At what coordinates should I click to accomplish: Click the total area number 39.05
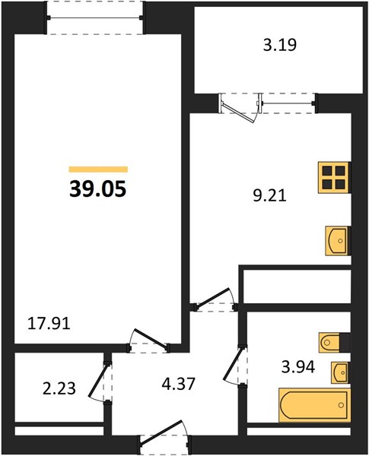pos(98,188)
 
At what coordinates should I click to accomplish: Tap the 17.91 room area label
pos(49,324)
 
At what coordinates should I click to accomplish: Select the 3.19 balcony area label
pos(280,45)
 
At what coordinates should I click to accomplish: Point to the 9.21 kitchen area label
pos(269,195)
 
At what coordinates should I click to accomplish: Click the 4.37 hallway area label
pos(178,384)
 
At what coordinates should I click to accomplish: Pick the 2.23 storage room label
pos(59,388)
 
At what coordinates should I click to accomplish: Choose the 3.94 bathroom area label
pos(298,367)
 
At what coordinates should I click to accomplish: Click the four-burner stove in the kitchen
pos(334,177)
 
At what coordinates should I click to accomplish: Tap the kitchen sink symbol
pos(338,241)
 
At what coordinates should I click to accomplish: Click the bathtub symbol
pos(314,404)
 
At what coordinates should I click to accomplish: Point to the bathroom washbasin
pos(340,372)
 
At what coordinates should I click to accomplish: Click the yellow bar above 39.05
pos(98,169)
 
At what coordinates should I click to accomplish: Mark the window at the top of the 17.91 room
pos(95,17)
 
